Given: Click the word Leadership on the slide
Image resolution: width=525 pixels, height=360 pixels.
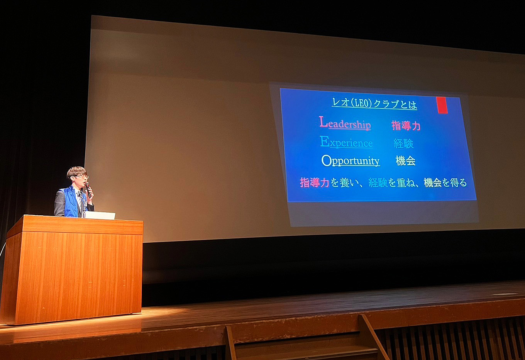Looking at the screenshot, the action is click(x=345, y=122).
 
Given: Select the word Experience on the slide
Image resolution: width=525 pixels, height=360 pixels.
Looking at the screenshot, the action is click(x=347, y=142).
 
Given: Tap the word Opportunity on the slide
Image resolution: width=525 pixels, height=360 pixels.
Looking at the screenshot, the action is click(x=351, y=161).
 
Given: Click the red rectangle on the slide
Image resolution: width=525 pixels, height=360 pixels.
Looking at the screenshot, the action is click(x=442, y=105).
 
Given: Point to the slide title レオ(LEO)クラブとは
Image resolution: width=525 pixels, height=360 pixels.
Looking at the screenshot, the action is click(x=374, y=103).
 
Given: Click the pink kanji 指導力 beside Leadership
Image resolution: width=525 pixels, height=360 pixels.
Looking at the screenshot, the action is click(x=406, y=126).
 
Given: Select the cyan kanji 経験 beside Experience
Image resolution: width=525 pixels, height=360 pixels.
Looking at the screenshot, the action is click(x=404, y=144).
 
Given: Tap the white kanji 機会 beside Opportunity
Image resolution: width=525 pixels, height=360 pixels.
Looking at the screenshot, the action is click(x=405, y=161).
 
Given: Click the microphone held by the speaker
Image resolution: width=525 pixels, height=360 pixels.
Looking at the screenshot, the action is click(x=88, y=190).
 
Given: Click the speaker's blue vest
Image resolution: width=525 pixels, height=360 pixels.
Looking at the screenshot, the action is click(x=70, y=202).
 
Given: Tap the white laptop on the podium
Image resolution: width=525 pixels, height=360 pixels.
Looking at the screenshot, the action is click(x=99, y=215).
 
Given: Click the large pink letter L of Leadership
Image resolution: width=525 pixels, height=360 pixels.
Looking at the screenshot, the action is click(x=323, y=122).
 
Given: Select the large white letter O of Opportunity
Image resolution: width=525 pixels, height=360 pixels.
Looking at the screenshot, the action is click(x=326, y=160).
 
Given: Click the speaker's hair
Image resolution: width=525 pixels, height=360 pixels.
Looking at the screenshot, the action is click(x=76, y=171).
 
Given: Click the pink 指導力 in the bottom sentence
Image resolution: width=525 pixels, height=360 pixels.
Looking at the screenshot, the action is click(x=315, y=183).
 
